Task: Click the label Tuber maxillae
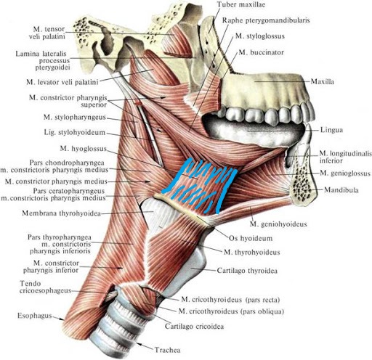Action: point(241,4)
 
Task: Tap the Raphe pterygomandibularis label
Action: point(266,20)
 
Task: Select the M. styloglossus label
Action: point(260,36)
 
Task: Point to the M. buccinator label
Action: point(261,52)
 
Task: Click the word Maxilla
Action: point(322,81)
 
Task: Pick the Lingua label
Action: point(331,130)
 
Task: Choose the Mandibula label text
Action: point(341,190)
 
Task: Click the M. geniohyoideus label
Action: point(278,224)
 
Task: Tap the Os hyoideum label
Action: point(251,238)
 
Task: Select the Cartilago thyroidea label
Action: point(247,271)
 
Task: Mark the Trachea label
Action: point(168,350)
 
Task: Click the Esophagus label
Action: point(35,316)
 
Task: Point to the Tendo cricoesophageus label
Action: point(45,287)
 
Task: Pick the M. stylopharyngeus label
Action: point(75,118)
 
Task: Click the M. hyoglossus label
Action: point(84,149)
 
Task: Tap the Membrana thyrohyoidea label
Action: point(61,213)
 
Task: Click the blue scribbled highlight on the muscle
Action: point(200,187)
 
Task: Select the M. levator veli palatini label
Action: point(62,82)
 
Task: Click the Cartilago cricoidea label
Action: point(194,327)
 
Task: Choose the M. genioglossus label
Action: point(345,173)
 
